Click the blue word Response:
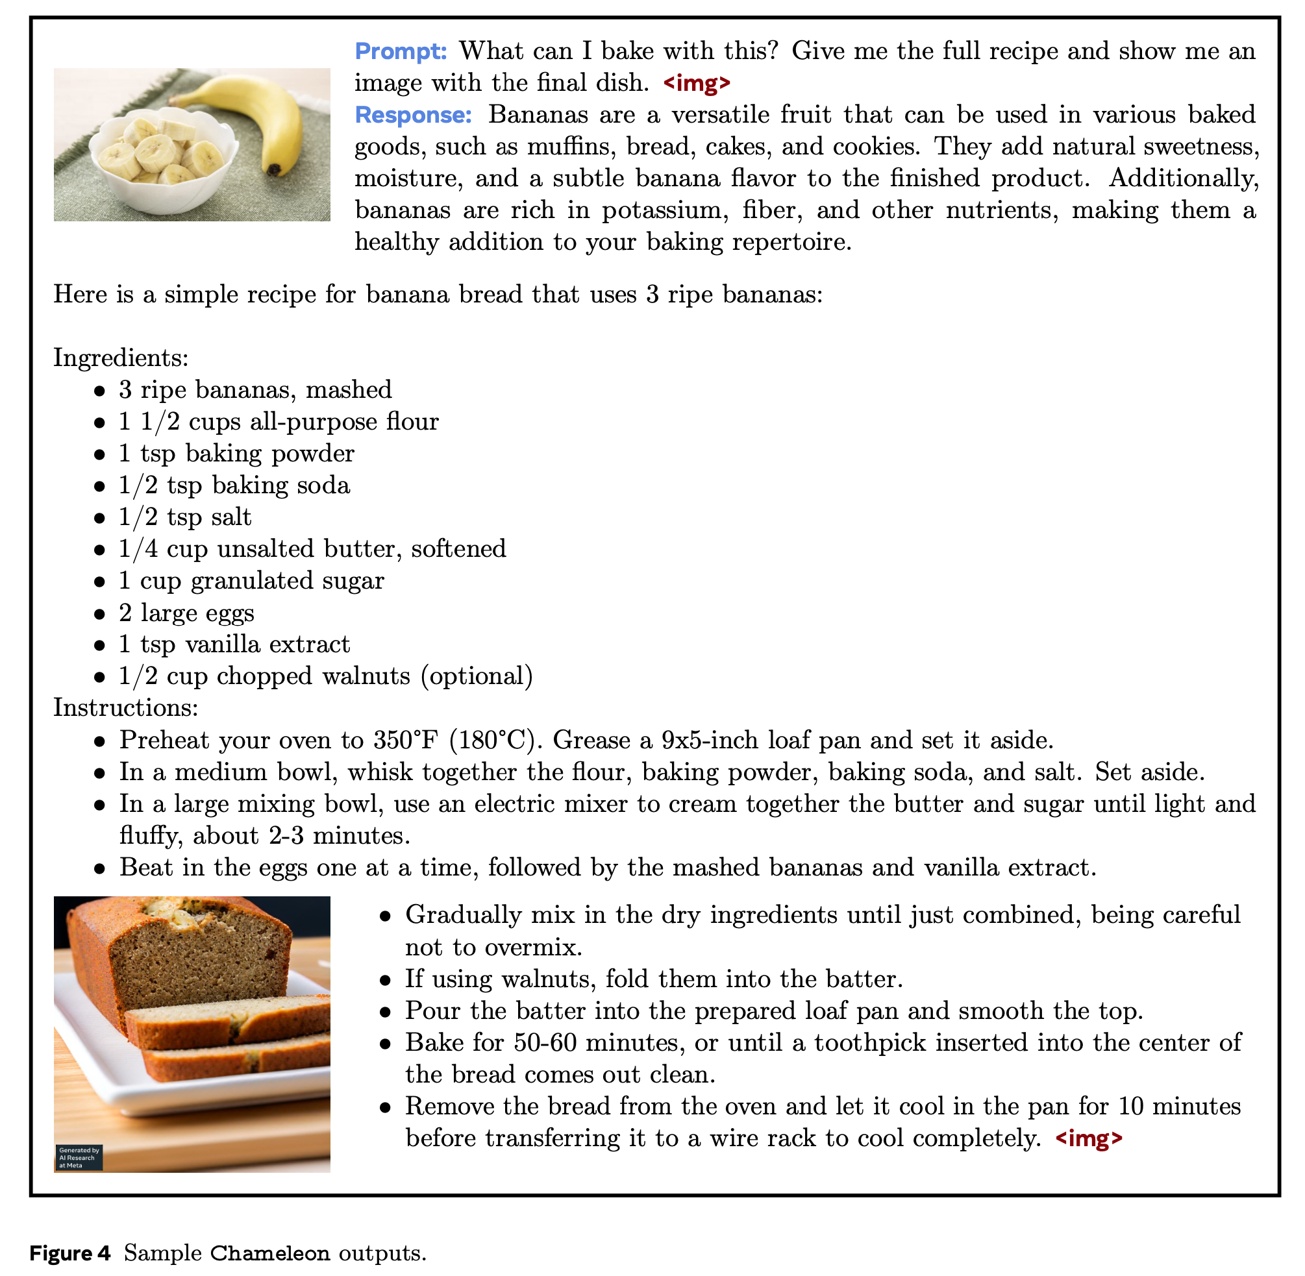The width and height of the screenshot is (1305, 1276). pyautogui.click(x=413, y=115)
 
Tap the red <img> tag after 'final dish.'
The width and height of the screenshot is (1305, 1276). pyautogui.click(x=697, y=83)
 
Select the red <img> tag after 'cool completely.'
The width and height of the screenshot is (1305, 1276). pyautogui.click(x=1089, y=1138)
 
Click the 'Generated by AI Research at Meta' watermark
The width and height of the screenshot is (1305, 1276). pyautogui.click(x=79, y=1157)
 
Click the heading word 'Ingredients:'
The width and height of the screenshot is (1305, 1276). pyautogui.click(x=121, y=357)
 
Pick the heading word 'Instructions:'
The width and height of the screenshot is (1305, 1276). pyautogui.click(x=126, y=707)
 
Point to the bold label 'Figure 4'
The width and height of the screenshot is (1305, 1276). pyautogui.click(x=69, y=1253)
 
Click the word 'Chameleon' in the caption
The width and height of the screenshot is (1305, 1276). pyautogui.click(x=269, y=1253)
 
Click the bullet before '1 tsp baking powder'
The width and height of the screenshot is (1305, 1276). pyautogui.click(x=100, y=454)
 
